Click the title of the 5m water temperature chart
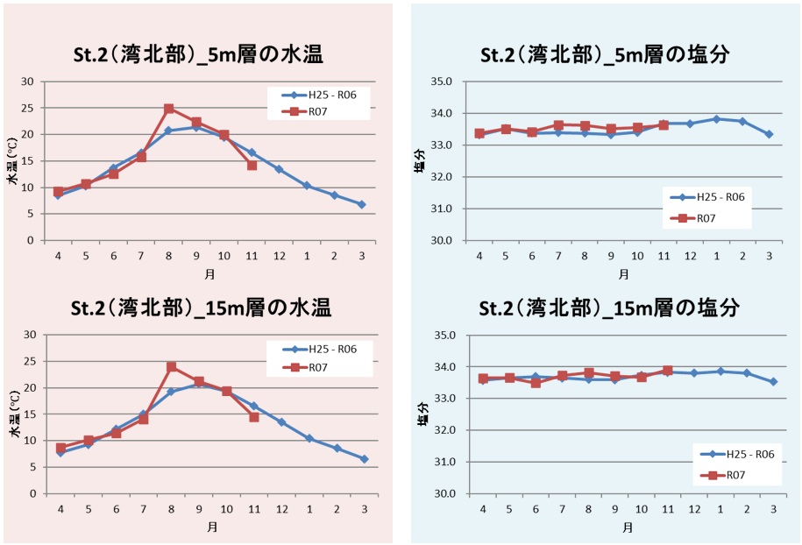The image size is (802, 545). (x=198, y=54)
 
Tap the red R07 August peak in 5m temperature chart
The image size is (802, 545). (x=169, y=109)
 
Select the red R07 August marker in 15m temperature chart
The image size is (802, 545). (x=171, y=366)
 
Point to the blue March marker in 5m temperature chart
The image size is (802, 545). (x=361, y=204)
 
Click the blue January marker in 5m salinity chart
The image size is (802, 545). (x=716, y=118)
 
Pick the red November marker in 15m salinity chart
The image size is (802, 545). (x=667, y=371)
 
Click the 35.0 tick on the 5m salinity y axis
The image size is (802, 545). (x=440, y=81)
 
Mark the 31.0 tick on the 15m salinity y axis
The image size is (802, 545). (x=444, y=462)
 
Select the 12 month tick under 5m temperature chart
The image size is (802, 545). (x=279, y=256)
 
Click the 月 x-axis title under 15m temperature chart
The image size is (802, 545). (x=211, y=527)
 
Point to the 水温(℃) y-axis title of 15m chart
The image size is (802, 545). (x=15, y=414)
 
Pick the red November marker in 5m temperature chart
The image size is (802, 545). (x=252, y=165)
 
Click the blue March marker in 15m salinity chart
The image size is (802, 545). (x=773, y=381)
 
